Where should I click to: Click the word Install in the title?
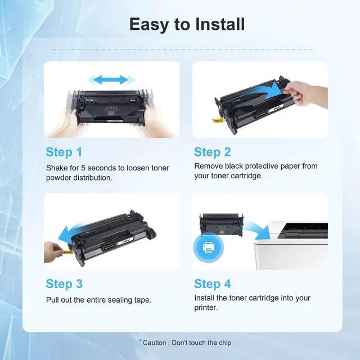click(220, 24)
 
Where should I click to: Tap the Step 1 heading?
click(64, 152)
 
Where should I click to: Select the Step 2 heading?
click(213, 152)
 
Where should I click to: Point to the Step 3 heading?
click(64, 284)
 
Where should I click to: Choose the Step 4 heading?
click(213, 284)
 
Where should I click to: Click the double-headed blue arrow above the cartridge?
click(111, 80)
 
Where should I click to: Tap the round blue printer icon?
click(209, 247)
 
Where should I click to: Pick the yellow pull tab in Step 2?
click(217, 120)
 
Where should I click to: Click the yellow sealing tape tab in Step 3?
click(68, 253)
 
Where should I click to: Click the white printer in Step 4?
click(291, 245)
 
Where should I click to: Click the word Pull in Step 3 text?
click(52, 300)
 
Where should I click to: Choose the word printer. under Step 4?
click(206, 308)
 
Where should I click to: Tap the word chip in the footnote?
click(225, 343)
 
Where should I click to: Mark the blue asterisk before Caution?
click(140, 341)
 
